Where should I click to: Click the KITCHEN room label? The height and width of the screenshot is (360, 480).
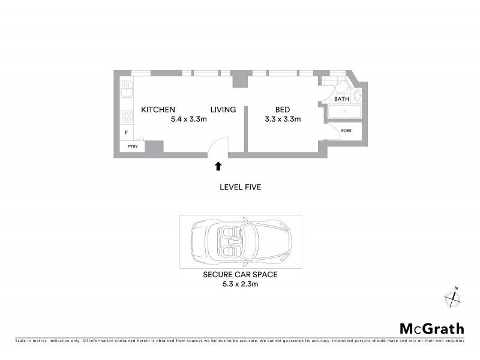pyautogui.click(x=158, y=110)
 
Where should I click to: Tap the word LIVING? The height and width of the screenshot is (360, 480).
pyautogui.click(x=223, y=110)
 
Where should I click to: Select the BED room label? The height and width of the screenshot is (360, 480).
pyautogui.click(x=283, y=110)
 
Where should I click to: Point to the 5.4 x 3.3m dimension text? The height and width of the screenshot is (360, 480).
pyautogui.click(x=188, y=119)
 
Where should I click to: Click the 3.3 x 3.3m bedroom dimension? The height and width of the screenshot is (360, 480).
pyautogui.click(x=283, y=119)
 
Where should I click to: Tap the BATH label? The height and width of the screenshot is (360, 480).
pyautogui.click(x=341, y=99)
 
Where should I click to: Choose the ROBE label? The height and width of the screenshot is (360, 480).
pyautogui.click(x=346, y=130)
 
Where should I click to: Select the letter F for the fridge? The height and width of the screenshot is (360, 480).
pyautogui.click(x=126, y=133)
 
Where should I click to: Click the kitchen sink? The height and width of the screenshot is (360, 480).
pyautogui.click(x=127, y=90)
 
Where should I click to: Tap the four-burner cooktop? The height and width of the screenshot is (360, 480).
pyautogui.click(x=127, y=116)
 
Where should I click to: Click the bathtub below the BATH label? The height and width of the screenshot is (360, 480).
pyautogui.click(x=344, y=112)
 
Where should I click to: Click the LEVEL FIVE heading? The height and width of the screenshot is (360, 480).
pyautogui.click(x=240, y=187)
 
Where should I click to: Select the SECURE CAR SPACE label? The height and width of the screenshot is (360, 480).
pyautogui.click(x=240, y=274)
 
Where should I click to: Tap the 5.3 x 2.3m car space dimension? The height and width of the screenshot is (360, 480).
pyautogui.click(x=240, y=283)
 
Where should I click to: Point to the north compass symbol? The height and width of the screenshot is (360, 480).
pyautogui.click(x=451, y=296)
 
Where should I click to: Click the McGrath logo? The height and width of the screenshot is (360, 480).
pyautogui.click(x=432, y=328)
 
